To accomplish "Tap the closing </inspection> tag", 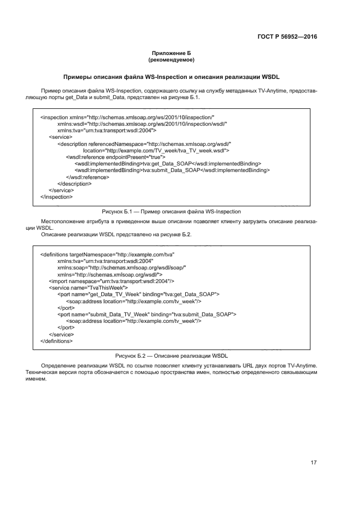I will (x=56, y=197).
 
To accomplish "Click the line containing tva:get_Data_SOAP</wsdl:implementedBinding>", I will (x=167, y=163).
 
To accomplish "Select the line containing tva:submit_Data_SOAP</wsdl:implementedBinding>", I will (x=172, y=170).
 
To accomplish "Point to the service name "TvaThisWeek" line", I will (x=88, y=287).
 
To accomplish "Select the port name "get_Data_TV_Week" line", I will (x=138, y=294).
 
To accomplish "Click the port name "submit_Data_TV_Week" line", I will (x=147, y=314).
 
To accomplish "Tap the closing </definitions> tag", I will (x=56, y=341).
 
